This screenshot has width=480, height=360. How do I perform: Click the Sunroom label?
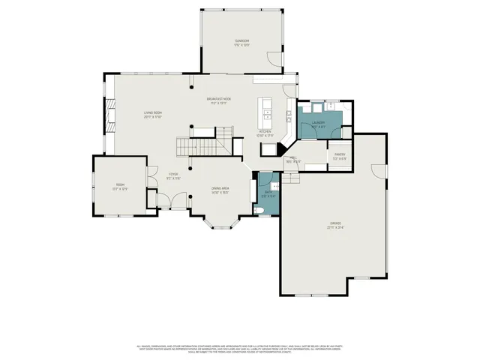pyautogui.click(x=241, y=42)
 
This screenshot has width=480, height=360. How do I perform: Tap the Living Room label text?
pyautogui.click(x=153, y=114)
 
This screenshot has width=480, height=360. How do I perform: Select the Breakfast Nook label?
pyautogui.click(x=219, y=100)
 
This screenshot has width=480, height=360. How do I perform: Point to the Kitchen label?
pyautogui.click(x=265, y=133)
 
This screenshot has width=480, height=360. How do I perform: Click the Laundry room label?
pyautogui.click(x=319, y=124)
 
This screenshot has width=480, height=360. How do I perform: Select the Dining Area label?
pyautogui.click(x=219, y=190)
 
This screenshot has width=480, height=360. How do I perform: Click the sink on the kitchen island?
pyautogui.click(x=265, y=115)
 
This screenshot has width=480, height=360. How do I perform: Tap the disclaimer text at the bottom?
pyautogui.click(x=240, y=348)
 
